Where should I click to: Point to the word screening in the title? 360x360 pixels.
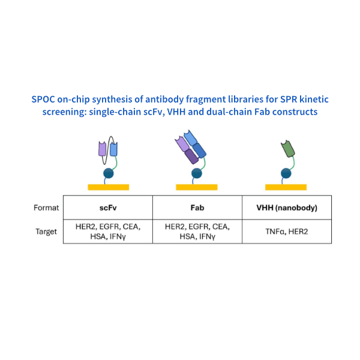61,112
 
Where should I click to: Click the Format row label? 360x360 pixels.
46,208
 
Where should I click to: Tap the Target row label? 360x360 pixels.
46,231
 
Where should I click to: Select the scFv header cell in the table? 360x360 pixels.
108,208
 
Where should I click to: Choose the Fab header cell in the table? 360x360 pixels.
197,208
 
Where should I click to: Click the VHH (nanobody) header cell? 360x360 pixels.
286,208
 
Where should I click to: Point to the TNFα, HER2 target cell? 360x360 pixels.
286,231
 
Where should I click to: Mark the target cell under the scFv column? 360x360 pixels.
108,231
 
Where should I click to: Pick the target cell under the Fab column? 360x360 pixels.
197,231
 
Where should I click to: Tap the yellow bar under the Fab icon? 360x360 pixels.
197,187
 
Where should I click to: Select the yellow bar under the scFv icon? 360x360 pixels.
108,187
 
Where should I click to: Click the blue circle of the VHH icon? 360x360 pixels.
287,175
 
